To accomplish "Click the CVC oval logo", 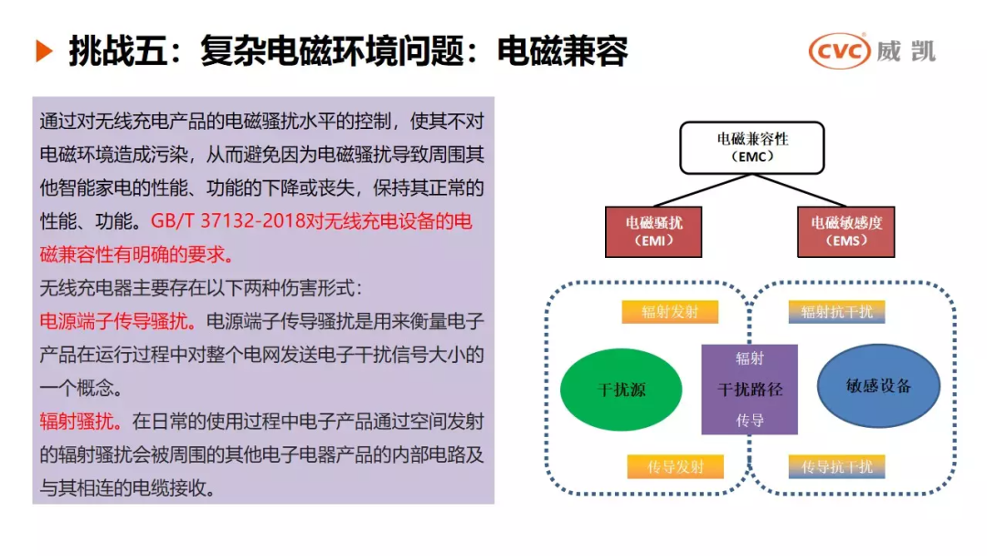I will (839, 51).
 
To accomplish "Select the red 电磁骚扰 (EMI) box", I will (653, 231).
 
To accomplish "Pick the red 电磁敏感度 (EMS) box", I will (846, 231).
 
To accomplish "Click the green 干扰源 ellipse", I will (621, 390).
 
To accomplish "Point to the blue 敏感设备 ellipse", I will (878, 386).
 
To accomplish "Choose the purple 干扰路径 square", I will (749, 390).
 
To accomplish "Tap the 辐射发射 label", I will (670, 312).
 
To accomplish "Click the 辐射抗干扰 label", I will (836, 312).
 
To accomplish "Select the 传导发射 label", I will (675, 467).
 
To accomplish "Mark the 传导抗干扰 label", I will (836, 467).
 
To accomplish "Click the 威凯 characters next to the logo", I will (905, 51).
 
